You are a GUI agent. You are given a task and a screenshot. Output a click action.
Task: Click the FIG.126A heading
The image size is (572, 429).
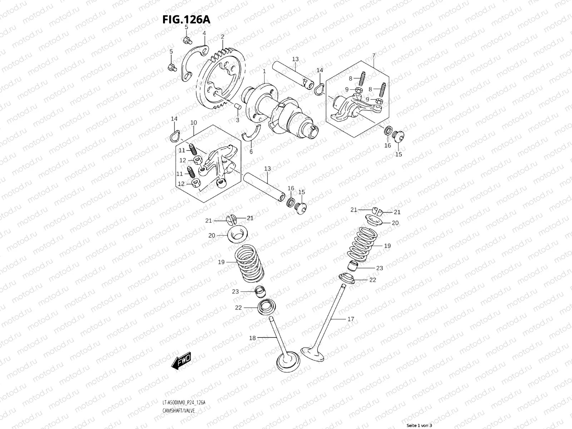(186, 19)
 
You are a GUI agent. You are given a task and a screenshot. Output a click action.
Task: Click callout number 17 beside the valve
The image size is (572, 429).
(351, 319)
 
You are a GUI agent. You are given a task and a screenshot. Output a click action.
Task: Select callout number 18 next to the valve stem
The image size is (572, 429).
(252, 337)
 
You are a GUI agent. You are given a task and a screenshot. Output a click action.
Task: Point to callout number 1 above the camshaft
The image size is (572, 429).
(264, 71)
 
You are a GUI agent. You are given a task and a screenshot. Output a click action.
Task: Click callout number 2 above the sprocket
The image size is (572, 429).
(222, 36)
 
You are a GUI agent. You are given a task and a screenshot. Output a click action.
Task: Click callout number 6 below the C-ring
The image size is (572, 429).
(251, 152)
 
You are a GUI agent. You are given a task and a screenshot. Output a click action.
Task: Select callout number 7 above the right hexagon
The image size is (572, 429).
(374, 55)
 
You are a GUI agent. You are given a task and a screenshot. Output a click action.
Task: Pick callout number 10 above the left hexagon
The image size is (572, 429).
(193, 123)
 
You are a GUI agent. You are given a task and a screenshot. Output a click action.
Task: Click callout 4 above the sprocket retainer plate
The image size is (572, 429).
(204, 33)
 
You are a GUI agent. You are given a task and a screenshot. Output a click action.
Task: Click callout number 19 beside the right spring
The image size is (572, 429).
(388, 246)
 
